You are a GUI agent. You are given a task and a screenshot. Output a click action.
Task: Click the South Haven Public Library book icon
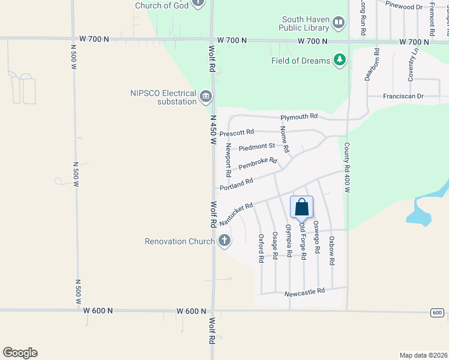pyautogui.click(x=339, y=23)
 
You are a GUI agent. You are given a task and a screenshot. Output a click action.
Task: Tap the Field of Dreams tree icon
pyautogui.click(x=340, y=60)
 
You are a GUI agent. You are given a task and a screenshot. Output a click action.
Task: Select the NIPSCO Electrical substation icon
pyautogui.click(x=206, y=96)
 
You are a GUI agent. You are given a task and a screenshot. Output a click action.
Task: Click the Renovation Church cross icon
pyautogui.click(x=224, y=241)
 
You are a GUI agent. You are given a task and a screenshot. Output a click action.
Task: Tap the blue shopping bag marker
pyautogui.click(x=302, y=208)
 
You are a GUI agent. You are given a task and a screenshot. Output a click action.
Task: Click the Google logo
pyautogui.click(x=20, y=353)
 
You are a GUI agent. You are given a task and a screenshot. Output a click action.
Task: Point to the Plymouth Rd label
pyautogui.click(x=298, y=116)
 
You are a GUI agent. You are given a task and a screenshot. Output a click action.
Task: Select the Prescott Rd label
pyautogui.click(x=237, y=133)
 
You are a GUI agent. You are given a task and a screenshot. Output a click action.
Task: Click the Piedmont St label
pyautogui.click(x=256, y=146)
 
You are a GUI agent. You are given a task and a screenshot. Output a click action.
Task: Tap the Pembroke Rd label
pyautogui.click(x=258, y=164)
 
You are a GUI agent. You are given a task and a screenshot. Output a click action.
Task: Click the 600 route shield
pyautogui.click(x=438, y=313)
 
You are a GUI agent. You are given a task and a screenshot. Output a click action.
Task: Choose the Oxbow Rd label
pyautogui.click(x=331, y=250)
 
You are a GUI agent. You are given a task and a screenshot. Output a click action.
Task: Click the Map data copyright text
pyautogui.click(x=423, y=355)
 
